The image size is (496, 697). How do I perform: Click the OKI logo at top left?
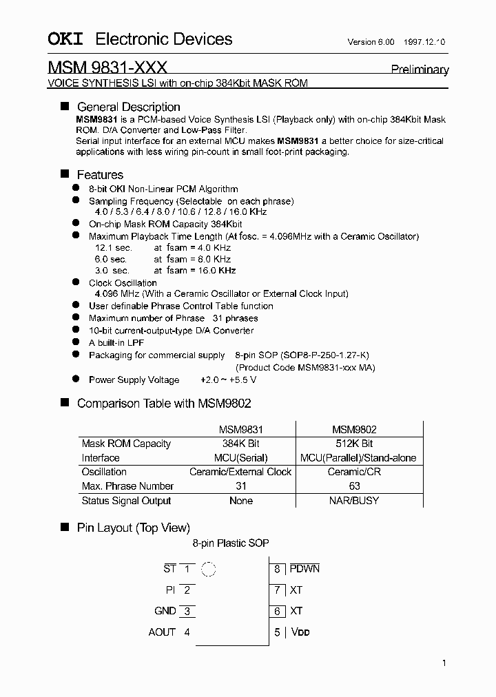65,40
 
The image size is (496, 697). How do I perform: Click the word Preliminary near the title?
420,70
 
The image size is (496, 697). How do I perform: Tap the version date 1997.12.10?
426,42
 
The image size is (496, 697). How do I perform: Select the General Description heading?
128,107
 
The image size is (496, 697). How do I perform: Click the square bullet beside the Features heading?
65,174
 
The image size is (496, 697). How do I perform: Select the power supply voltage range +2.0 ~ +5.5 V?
228,379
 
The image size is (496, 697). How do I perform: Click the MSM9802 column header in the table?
354,428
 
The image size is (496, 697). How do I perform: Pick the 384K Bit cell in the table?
240,444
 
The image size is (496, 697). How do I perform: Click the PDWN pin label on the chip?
304,569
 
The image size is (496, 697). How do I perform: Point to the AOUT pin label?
162,632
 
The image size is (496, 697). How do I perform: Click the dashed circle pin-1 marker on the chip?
208,570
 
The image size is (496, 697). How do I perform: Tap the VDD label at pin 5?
300,632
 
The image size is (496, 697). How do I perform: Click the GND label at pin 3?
165,611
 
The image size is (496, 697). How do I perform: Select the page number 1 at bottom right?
444,663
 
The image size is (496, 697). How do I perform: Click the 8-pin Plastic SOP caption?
231,543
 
